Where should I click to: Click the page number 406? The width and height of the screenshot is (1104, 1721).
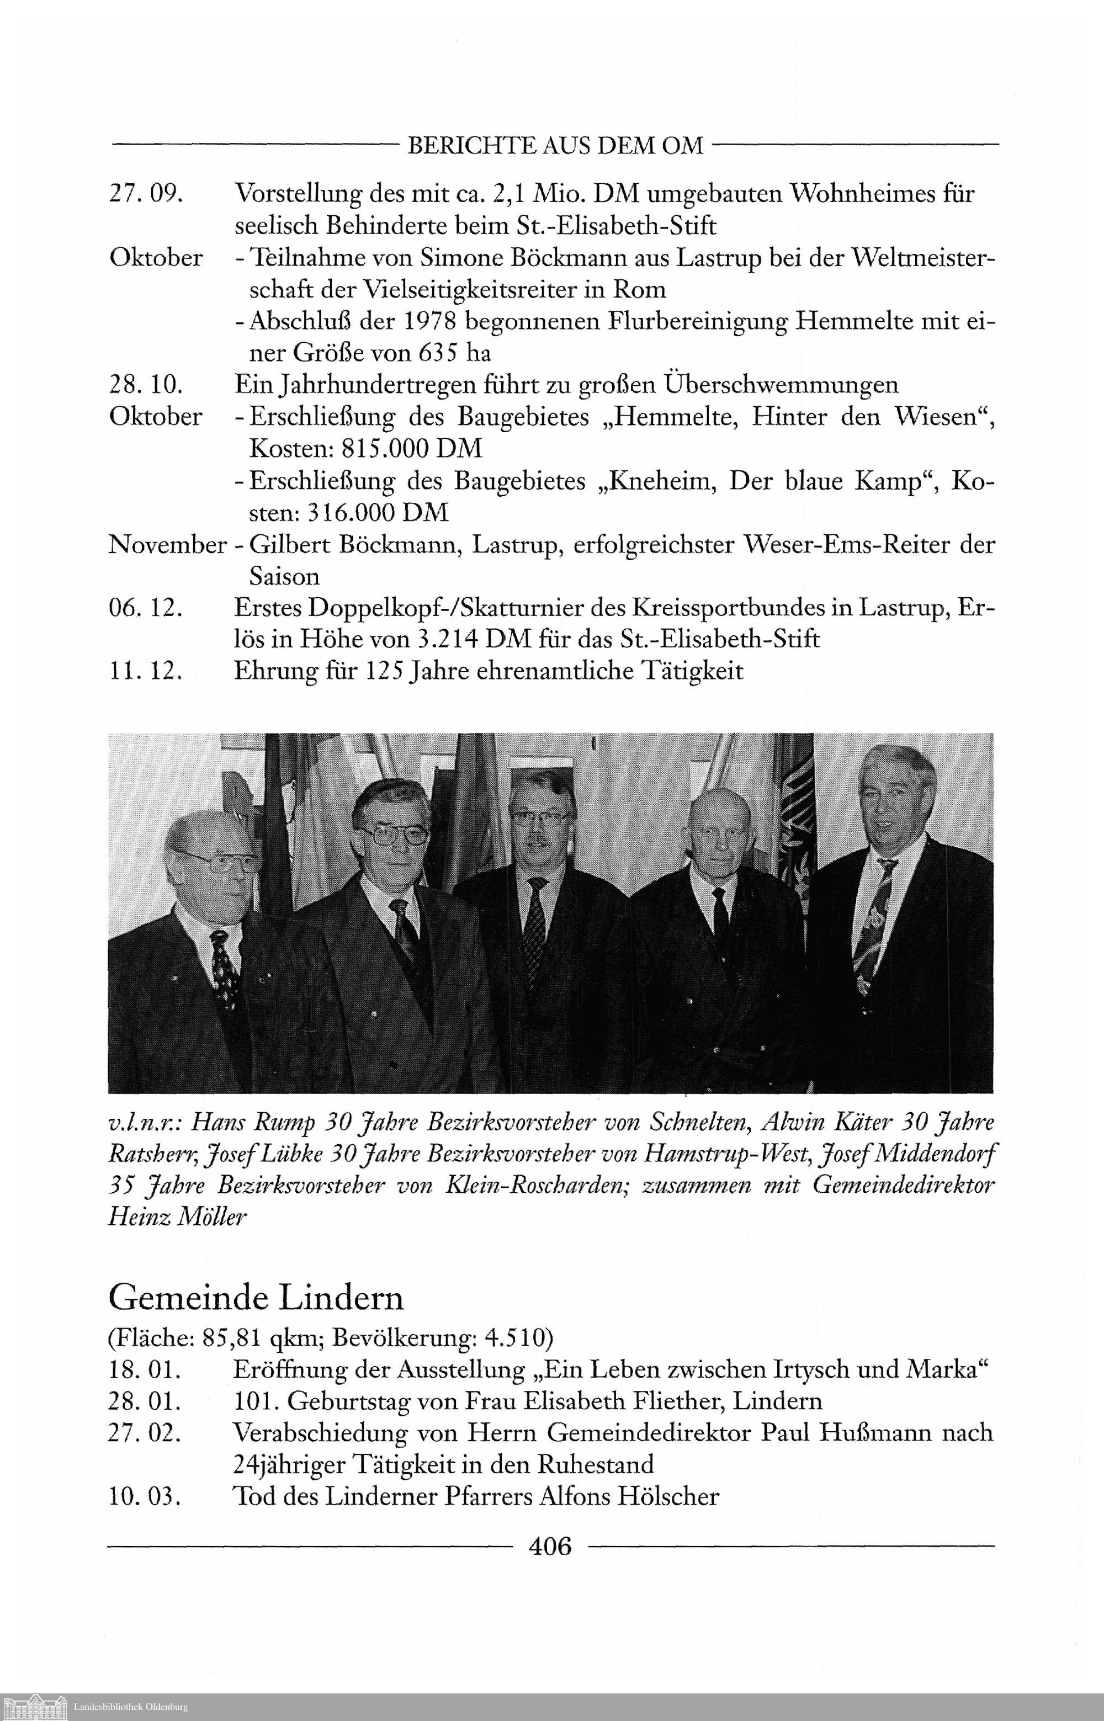click(x=550, y=1546)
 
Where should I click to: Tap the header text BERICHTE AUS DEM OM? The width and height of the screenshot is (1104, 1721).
click(x=555, y=146)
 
